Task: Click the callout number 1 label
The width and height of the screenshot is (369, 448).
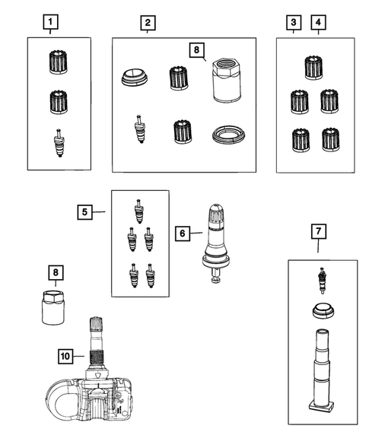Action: click(50, 22)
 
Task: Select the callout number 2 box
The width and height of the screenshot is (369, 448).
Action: click(147, 22)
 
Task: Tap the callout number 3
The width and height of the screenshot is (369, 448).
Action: click(293, 22)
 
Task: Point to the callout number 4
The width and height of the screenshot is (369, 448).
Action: click(317, 22)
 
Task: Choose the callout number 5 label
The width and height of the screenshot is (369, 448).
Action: click(86, 212)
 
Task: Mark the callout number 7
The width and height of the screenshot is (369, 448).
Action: click(317, 229)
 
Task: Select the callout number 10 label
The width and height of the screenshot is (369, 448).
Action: click(66, 354)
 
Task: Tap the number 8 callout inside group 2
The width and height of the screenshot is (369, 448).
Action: click(196, 50)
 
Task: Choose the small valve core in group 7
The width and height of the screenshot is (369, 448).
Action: click(321, 281)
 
